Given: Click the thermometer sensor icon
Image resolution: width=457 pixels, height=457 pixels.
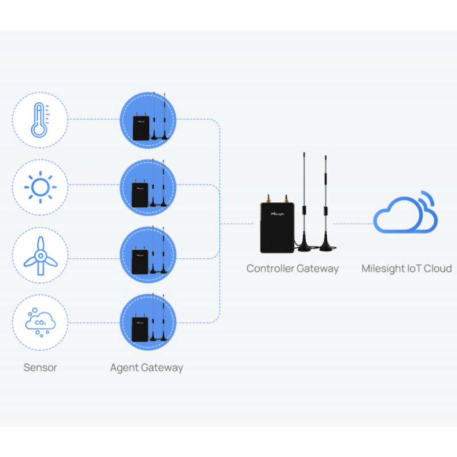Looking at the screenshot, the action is pyautogui.click(x=39, y=120).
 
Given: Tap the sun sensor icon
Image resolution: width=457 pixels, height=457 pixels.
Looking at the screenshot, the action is pyautogui.click(x=40, y=187).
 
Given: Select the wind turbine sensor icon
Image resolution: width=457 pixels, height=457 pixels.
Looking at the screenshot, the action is pyautogui.click(x=41, y=255).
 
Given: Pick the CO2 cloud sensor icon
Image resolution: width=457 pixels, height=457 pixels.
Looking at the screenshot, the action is pyautogui.click(x=40, y=322).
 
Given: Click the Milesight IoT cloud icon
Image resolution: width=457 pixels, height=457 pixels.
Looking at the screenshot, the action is pyautogui.click(x=405, y=212).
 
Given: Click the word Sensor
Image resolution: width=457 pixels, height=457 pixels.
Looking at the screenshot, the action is pyautogui.click(x=40, y=367).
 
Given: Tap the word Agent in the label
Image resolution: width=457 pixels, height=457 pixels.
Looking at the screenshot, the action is pyautogui.click(x=125, y=368).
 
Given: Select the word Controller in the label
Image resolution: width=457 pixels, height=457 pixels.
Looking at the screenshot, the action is pyautogui.click(x=269, y=268).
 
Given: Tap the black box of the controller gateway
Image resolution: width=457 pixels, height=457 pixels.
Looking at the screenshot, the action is pyautogui.click(x=277, y=227).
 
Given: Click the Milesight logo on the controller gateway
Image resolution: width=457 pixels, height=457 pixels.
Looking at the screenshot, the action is pyautogui.click(x=277, y=214).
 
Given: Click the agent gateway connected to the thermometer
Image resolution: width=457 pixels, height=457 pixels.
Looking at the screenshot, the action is pyautogui.click(x=148, y=120).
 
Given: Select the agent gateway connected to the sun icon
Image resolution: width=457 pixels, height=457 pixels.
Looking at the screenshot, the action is pyautogui.click(x=148, y=187).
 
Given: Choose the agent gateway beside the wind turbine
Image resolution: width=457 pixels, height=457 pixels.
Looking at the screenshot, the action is pyautogui.click(x=148, y=255).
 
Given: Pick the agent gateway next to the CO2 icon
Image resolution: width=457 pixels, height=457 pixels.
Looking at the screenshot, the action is pyautogui.click(x=148, y=322).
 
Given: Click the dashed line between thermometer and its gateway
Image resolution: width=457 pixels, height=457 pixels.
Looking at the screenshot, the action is pyautogui.click(x=94, y=119).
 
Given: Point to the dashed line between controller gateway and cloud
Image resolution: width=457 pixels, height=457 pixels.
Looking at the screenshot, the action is pyautogui.click(x=353, y=224).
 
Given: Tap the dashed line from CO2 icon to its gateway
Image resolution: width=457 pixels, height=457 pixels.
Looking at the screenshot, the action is pyautogui.click(x=94, y=323).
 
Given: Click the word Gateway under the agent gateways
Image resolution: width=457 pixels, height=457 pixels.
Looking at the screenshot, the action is pyautogui.click(x=162, y=368).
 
